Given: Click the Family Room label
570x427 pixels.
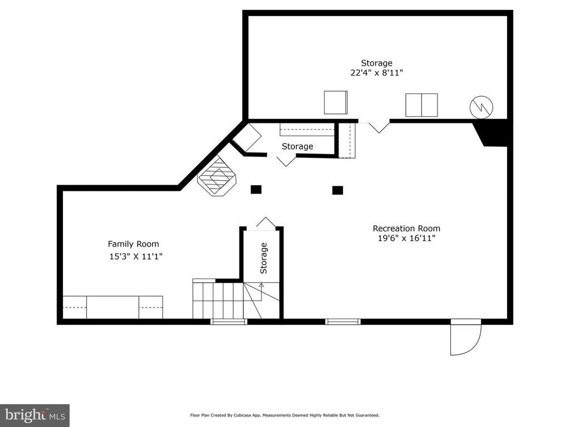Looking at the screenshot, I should pyautogui.click(x=133, y=244).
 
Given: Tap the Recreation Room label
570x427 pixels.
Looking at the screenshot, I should pyautogui.click(x=406, y=228).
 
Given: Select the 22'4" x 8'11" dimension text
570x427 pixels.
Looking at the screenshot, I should pyautogui.click(x=377, y=72).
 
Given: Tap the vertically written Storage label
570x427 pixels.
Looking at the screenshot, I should pyautogui.click(x=264, y=258).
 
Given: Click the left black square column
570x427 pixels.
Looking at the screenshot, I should pyautogui.click(x=256, y=190).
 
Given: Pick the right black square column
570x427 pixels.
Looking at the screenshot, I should pyautogui.click(x=337, y=190).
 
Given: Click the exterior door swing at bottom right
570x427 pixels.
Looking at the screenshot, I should pyautogui.click(x=465, y=338).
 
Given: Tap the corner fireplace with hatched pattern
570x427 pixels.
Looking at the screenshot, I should pyautogui.click(x=218, y=176).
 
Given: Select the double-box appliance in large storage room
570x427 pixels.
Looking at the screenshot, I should pyautogui.click(x=421, y=105).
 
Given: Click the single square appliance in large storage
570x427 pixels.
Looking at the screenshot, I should pyautogui.click(x=336, y=102).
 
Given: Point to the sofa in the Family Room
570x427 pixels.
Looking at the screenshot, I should pyautogui.click(x=113, y=307).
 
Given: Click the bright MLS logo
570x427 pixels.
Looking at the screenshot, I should pyautogui.click(x=35, y=415).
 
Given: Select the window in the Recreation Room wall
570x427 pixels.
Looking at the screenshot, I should pyautogui.click(x=343, y=321).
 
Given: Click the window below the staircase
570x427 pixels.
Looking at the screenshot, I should pyautogui.click(x=229, y=321).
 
